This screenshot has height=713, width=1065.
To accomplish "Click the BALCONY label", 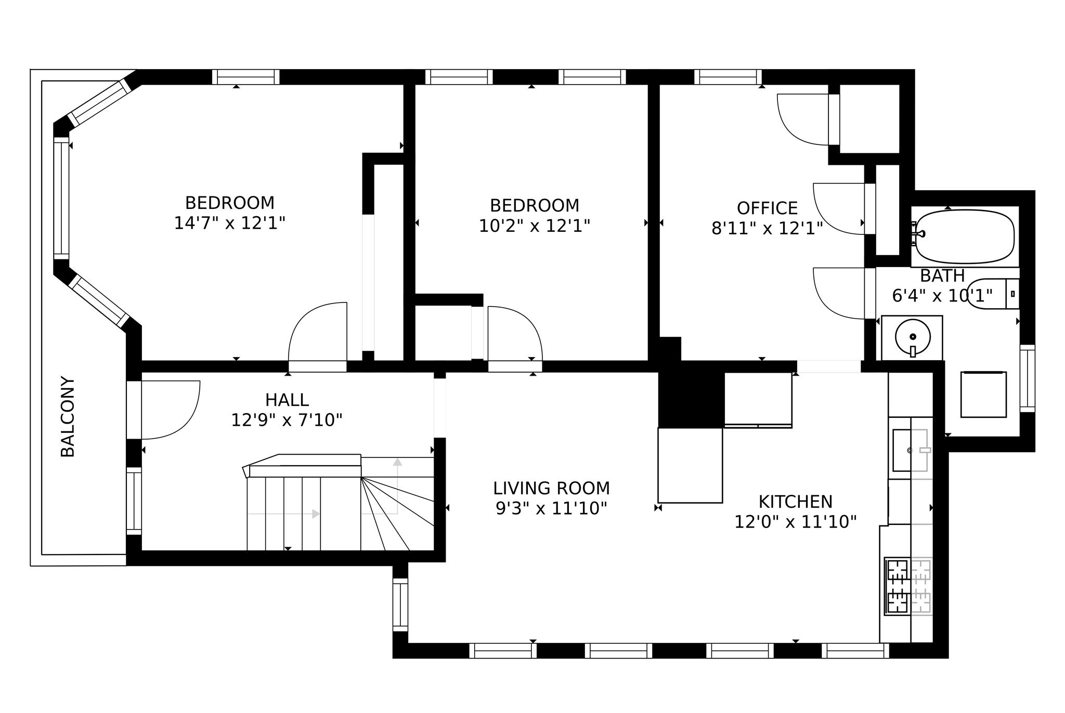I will [68, 417].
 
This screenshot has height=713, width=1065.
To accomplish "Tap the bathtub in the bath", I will [965, 237].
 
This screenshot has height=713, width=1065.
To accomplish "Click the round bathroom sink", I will [912, 337].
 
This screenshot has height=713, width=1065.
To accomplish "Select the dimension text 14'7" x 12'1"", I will [229, 223].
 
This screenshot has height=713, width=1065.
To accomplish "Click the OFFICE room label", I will [767, 208].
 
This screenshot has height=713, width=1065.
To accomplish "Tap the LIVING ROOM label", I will [551, 488].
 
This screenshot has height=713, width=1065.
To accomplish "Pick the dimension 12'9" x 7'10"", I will [287, 420].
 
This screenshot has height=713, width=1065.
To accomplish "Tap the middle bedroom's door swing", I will [515, 333].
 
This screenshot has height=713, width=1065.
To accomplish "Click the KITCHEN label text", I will [795, 502].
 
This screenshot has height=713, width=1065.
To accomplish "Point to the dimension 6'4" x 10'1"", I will [942, 296].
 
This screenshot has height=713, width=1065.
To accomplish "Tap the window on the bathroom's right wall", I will [1027, 378].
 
